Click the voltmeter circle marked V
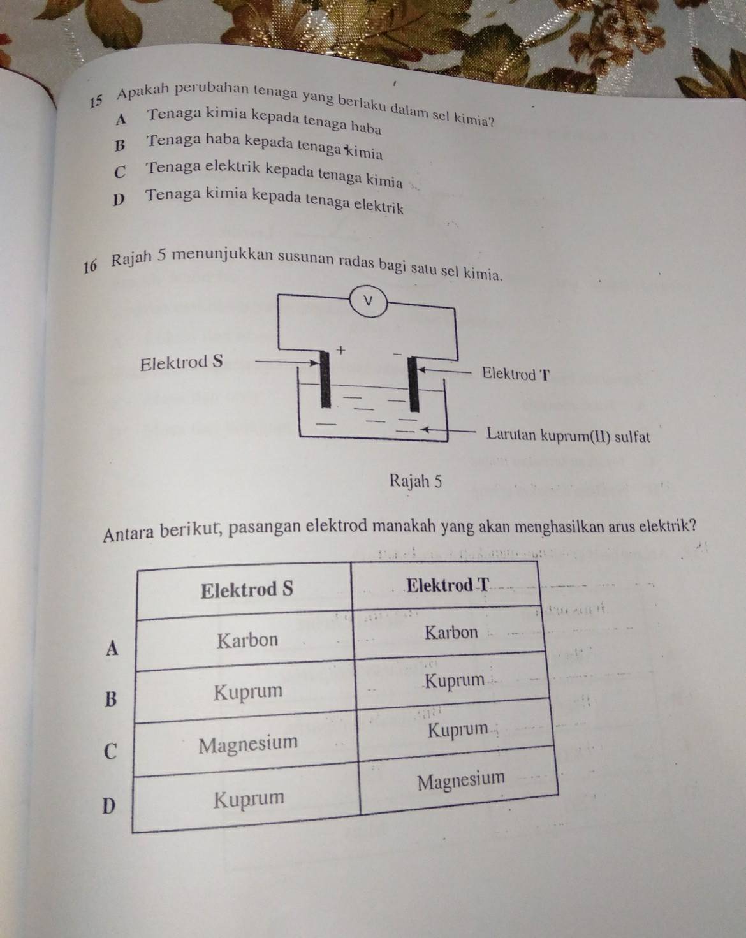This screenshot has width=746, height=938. (369, 301)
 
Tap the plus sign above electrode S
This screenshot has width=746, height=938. (341, 349)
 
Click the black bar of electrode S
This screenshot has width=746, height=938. (325, 379)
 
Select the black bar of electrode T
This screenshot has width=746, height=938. (413, 384)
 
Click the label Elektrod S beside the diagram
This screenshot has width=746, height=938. (181, 362)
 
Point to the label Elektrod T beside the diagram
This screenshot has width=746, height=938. (515, 374)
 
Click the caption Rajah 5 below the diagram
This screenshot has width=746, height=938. (416, 481)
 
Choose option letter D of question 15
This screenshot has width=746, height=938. (118, 200)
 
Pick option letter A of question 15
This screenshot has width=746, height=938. (121, 119)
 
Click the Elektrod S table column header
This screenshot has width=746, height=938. (247, 590)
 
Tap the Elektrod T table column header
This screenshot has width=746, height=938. (448, 584)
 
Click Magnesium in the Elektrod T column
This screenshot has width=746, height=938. (461, 780)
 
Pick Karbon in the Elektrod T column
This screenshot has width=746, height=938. (451, 632)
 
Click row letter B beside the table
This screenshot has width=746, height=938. (111, 698)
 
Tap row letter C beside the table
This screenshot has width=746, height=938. (111, 751)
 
